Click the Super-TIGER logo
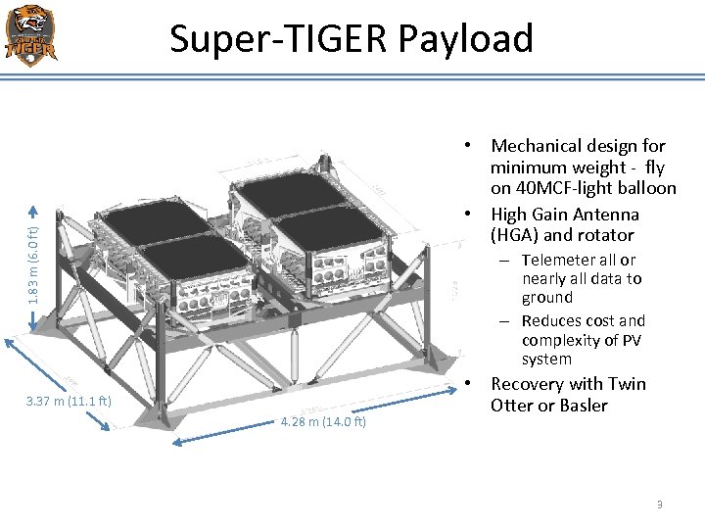[x=30, y=35]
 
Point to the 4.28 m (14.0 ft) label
[x=323, y=422]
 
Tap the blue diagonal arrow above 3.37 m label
[x=58, y=381]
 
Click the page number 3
[x=659, y=505]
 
